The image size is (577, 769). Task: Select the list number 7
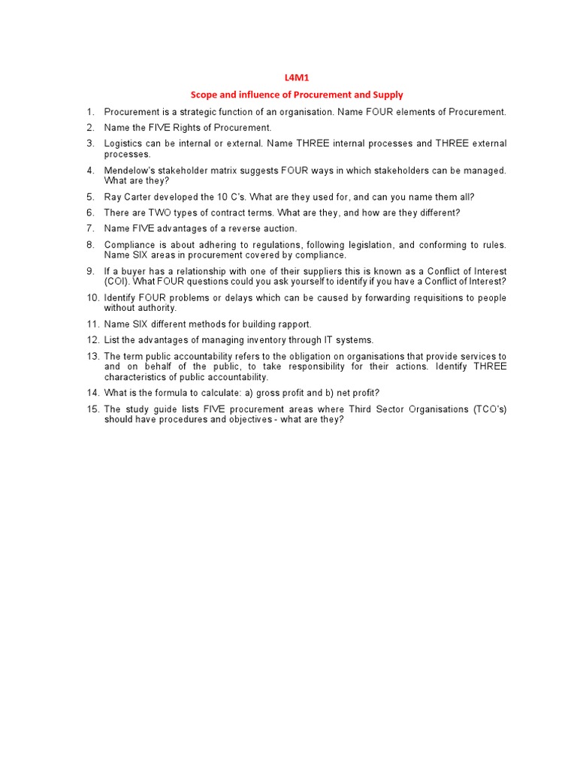click(90, 228)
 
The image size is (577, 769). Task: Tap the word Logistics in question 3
click(123, 143)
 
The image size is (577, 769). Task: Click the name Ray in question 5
click(113, 198)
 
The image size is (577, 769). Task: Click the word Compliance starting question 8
click(130, 245)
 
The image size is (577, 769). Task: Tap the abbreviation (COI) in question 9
click(116, 282)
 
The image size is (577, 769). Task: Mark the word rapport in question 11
click(295, 324)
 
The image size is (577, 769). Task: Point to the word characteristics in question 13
click(134, 377)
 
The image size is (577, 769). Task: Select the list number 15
click(92, 409)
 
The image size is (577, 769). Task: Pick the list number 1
click(90, 112)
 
